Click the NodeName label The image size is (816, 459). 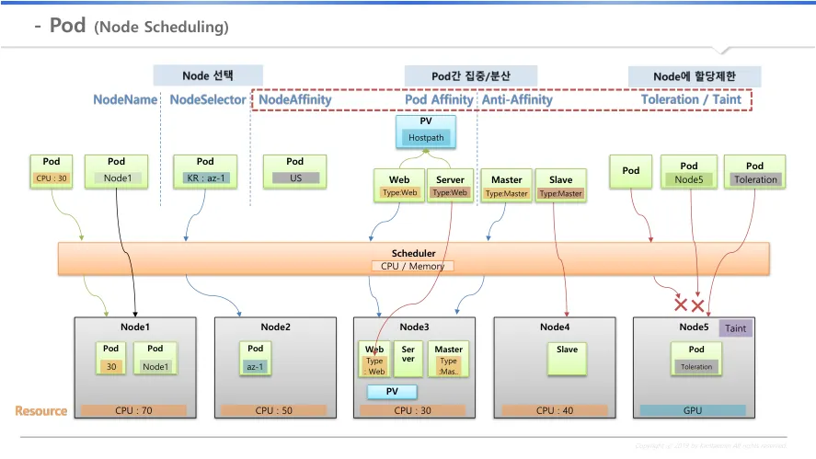click(x=125, y=99)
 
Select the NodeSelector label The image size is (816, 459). click(x=208, y=99)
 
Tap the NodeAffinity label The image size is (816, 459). click(x=294, y=99)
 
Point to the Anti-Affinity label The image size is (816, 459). click(x=518, y=99)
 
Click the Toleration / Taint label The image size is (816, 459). click(x=691, y=99)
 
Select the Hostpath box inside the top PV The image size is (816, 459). click(x=426, y=138)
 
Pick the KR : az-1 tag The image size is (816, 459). click(x=205, y=178)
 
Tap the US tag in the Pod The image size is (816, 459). click(x=295, y=178)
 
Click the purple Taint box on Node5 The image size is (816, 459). click(x=736, y=328)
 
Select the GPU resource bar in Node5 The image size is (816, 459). click(x=692, y=410)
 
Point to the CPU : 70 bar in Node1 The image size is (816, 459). click(x=133, y=410)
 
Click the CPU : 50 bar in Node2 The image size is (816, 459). click(x=274, y=410)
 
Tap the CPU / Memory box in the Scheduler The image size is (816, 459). click(x=413, y=266)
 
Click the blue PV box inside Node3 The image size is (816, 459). click(x=392, y=392)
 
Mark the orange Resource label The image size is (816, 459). click(x=41, y=411)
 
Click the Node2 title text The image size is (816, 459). click(x=275, y=327)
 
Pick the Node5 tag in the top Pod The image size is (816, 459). click(x=688, y=179)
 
